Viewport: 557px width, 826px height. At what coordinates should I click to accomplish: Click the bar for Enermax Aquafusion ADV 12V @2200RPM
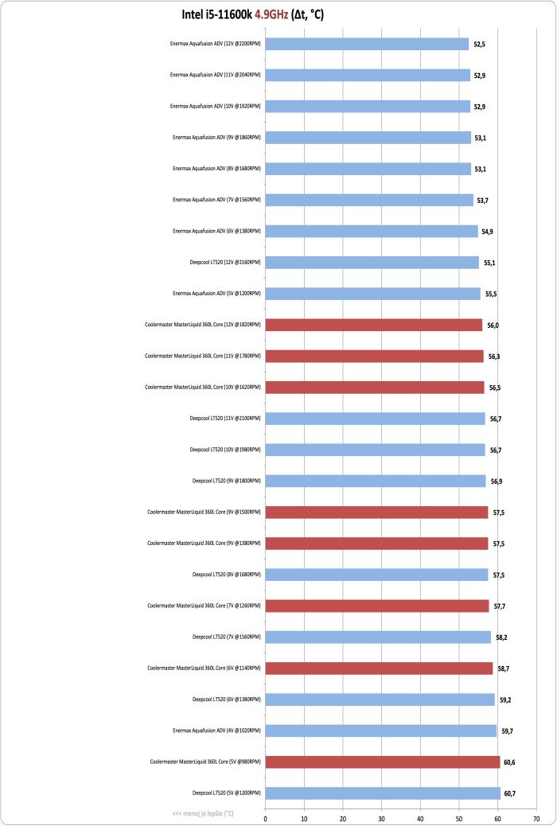point(367,45)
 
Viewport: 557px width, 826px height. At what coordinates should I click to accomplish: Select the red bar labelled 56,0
point(374,325)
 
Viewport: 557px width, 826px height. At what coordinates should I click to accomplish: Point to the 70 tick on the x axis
point(536,819)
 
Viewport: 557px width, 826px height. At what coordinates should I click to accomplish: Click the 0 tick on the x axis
point(265,819)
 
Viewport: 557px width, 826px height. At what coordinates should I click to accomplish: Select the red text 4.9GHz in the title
point(271,16)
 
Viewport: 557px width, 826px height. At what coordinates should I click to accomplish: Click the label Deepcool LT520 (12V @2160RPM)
point(225,262)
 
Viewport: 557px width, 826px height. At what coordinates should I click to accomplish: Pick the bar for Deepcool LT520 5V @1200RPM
point(383,793)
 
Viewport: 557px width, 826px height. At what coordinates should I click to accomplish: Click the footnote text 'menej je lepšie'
point(203,813)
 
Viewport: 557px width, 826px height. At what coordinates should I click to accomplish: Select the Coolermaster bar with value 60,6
point(383,762)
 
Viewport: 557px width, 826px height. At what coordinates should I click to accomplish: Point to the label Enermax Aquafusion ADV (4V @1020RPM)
point(216,731)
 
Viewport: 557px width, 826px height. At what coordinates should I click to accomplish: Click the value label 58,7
point(503,668)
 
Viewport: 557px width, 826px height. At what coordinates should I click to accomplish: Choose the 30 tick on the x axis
point(381,819)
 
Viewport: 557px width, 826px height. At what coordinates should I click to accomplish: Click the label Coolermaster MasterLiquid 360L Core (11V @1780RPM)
point(203,357)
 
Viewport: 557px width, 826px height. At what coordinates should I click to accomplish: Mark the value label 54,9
point(489,232)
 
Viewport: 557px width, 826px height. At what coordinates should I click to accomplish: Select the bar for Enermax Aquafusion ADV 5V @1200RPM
point(372,294)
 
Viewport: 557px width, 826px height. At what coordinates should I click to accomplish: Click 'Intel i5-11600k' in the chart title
point(216,16)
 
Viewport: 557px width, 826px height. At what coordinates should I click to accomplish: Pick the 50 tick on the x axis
point(459,819)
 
